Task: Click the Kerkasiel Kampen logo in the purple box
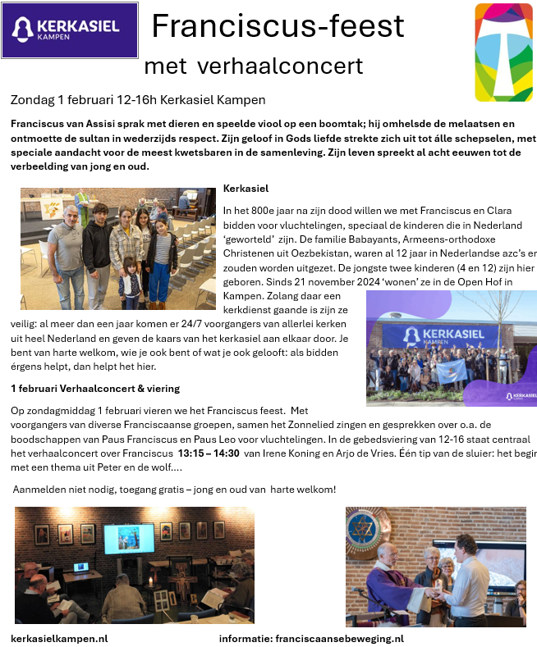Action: [x=70, y=30]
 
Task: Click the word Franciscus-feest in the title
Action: [x=278, y=26]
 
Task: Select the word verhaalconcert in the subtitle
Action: [x=298, y=66]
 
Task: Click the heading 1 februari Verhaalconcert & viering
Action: [x=95, y=388]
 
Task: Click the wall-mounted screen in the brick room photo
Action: [x=129, y=538]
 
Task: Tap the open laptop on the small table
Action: [x=81, y=567]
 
